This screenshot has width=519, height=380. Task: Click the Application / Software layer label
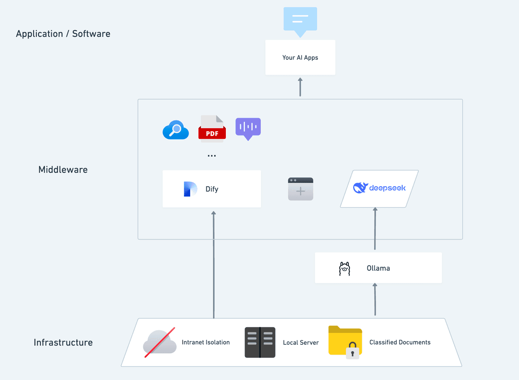(63, 34)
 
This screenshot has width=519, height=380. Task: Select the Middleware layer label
(63, 170)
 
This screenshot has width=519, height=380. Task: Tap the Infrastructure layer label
(63, 343)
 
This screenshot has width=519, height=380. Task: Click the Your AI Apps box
(300, 58)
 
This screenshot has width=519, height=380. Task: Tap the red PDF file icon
(212, 129)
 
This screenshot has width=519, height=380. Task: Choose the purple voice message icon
(248, 128)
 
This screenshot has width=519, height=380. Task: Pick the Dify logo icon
(190, 189)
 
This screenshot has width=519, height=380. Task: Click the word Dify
(212, 189)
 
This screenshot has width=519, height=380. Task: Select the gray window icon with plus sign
(300, 189)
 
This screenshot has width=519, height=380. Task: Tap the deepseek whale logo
(360, 188)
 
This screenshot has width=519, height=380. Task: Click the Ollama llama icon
(344, 269)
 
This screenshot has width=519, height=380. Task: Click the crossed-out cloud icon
(160, 342)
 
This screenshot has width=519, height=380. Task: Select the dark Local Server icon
(260, 342)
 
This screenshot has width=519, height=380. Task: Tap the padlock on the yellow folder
(352, 351)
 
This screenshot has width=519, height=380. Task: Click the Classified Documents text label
(400, 342)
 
